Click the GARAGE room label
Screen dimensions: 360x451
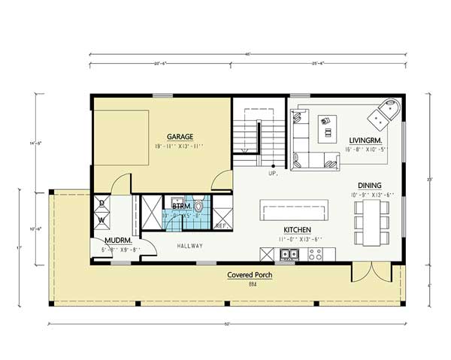click(x=180, y=137)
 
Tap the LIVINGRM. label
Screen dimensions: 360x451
click(x=366, y=141)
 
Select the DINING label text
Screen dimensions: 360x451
click(x=369, y=186)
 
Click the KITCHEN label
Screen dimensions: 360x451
click(x=297, y=230)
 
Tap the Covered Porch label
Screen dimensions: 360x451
click(x=250, y=276)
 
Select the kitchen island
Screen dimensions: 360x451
click(x=295, y=210)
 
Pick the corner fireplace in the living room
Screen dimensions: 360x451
click(x=384, y=113)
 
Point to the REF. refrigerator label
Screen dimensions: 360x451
click(x=221, y=226)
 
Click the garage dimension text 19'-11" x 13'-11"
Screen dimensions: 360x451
click(x=180, y=146)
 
